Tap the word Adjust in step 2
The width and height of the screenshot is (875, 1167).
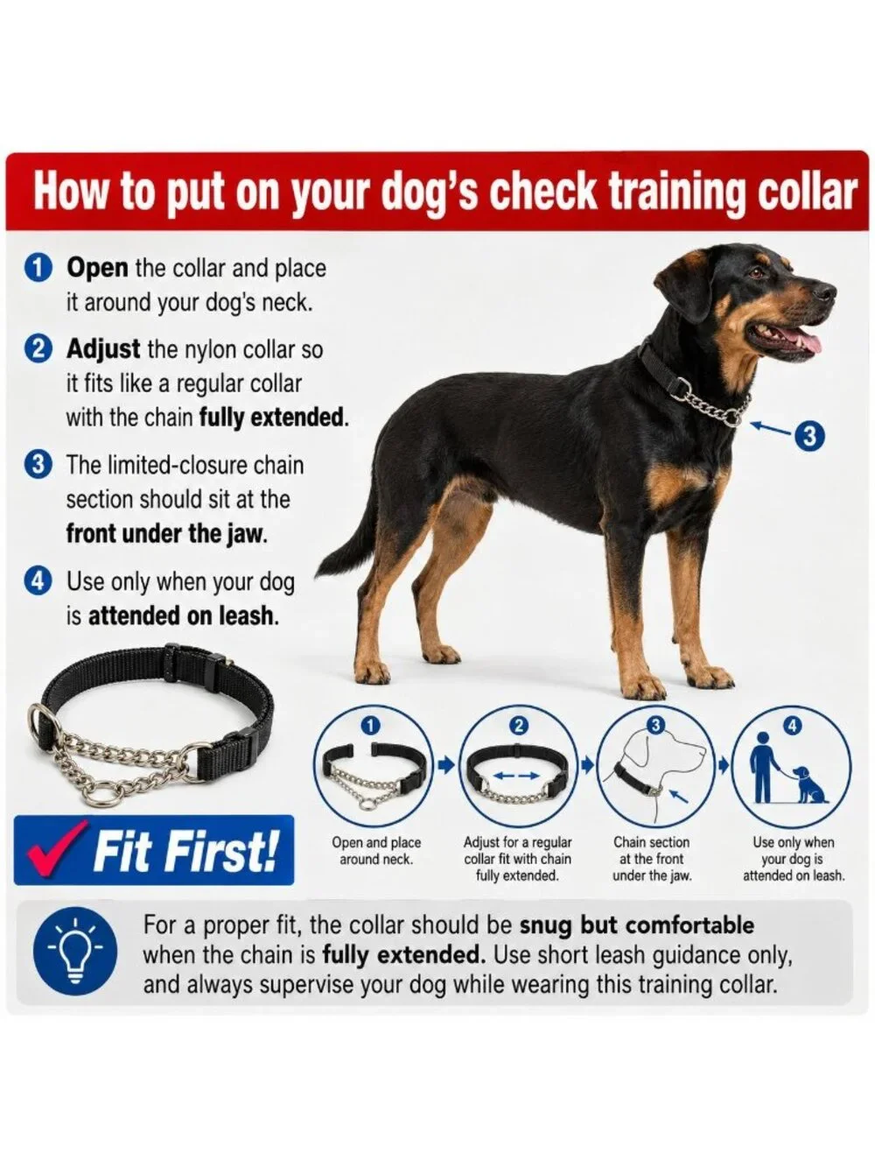103,350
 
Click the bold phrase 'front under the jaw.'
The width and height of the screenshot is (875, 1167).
165,534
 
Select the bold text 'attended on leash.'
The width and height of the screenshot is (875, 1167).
183,615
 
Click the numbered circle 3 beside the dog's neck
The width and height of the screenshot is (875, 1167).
808,436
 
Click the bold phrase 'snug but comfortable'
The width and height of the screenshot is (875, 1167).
636,925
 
